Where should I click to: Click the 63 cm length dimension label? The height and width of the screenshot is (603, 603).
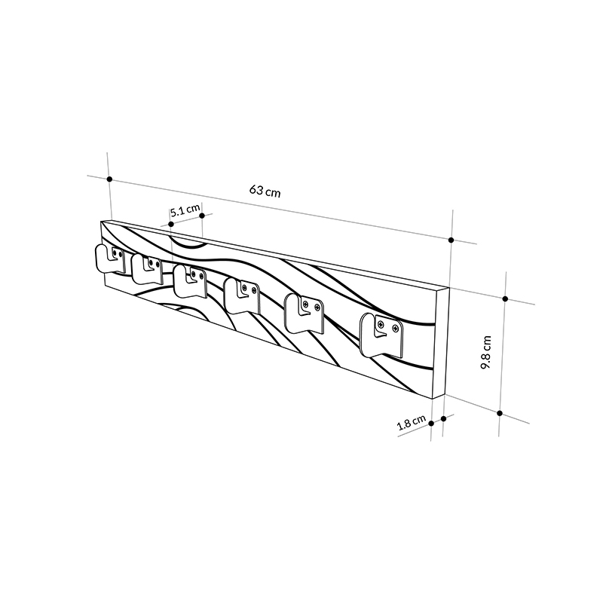click(x=265, y=191)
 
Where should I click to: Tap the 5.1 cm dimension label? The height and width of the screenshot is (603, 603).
click(x=185, y=212)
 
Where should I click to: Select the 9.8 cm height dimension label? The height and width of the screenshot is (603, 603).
click(x=488, y=352)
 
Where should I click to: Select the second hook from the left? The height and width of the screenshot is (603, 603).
click(x=148, y=268)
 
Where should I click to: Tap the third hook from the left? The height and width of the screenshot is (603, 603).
click(x=191, y=280)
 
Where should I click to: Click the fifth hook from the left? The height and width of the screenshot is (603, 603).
click(x=304, y=313)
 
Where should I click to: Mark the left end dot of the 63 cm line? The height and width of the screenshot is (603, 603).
click(x=110, y=179)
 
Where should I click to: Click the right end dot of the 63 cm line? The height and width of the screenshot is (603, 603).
click(x=451, y=240)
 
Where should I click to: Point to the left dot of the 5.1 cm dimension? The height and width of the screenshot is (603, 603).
click(x=172, y=224)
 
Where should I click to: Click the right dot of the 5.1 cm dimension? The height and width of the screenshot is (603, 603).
click(x=203, y=216)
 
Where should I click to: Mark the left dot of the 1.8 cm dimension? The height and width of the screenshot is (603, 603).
click(x=431, y=423)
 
